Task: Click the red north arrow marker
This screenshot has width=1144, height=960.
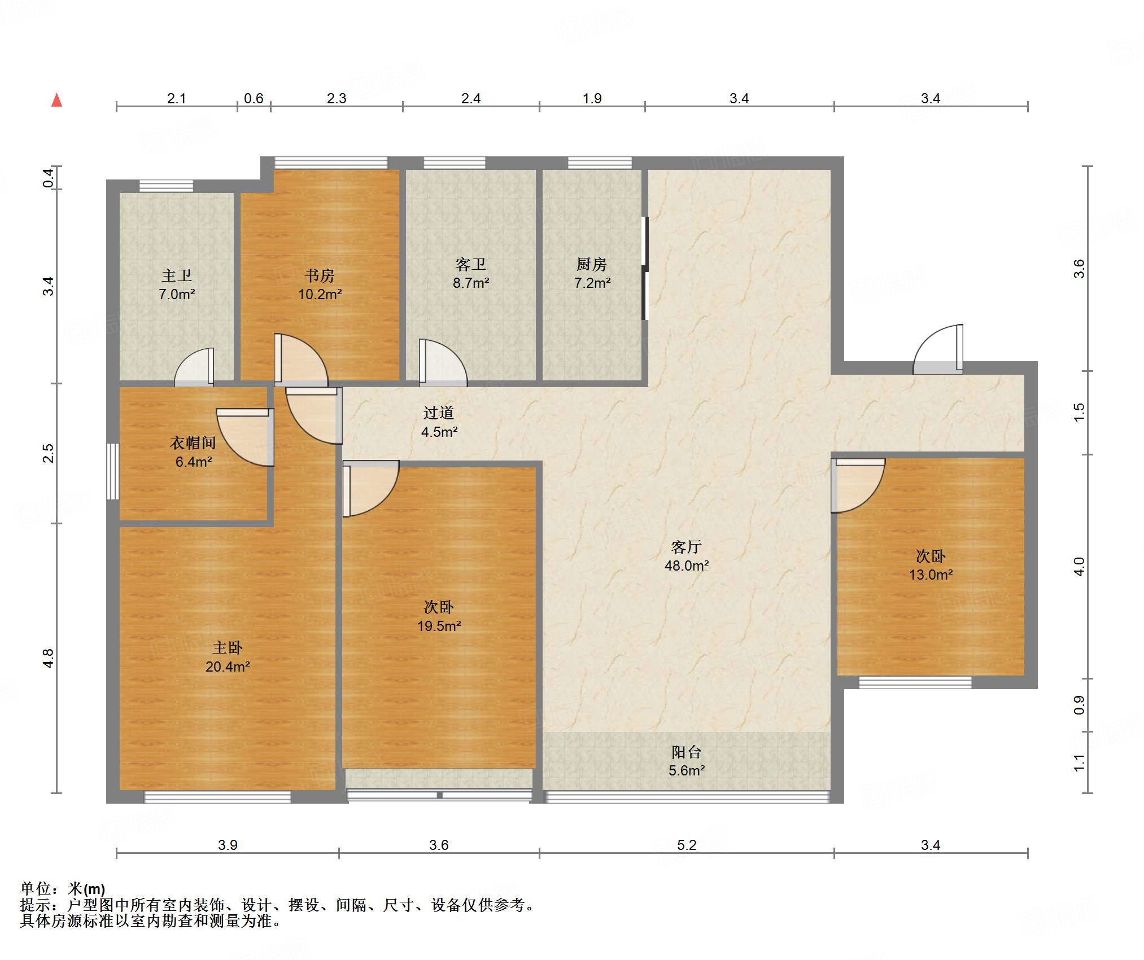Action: pyautogui.click(x=56, y=100)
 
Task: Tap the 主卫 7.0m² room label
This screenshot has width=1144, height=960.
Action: pyautogui.click(x=177, y=285)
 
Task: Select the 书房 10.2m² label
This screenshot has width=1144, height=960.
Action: pyautogui.click(x=320, y=285)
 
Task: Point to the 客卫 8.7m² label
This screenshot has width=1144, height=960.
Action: pyautogui.click(x=471, y=274)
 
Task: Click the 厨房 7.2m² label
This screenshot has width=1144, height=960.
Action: pyautogui.click(x=592, y=274)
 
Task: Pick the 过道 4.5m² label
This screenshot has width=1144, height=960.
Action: pyautogui.click(x=439, y=422)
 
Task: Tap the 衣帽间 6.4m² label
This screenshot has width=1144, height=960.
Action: pyautogui.click(x=193, y=452)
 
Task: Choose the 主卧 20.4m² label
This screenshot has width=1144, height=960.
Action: pyautogui.click(x=228, y=657)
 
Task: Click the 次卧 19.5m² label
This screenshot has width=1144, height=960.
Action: pyautogui.click(x=439, y=616)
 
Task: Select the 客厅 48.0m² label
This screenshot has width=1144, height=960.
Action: pyautogui.click(x=687, y=556)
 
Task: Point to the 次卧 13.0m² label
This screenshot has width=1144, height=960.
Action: pyautogui.click(x=931, y=566)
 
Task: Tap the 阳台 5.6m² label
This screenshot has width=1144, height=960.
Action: pyautogui.click(x=687, y=761)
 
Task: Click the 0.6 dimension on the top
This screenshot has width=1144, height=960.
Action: pyautogui.click(x=254, y=98)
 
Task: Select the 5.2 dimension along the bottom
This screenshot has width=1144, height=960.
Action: pyautogui.click(x=687, y=845)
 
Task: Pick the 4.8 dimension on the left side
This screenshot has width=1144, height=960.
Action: pyautogui.click(x=49, y=658)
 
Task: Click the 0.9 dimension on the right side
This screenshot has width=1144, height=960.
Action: pyautogui.click(x=1079, y=705)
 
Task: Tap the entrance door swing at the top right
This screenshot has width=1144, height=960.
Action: pyautogui.click(x=938, y=349)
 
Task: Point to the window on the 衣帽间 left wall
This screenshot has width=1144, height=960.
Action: pyautogui.click(x=113, y=471)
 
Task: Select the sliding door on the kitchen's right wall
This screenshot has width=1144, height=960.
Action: pyautogui.click(x=645, y=268)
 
